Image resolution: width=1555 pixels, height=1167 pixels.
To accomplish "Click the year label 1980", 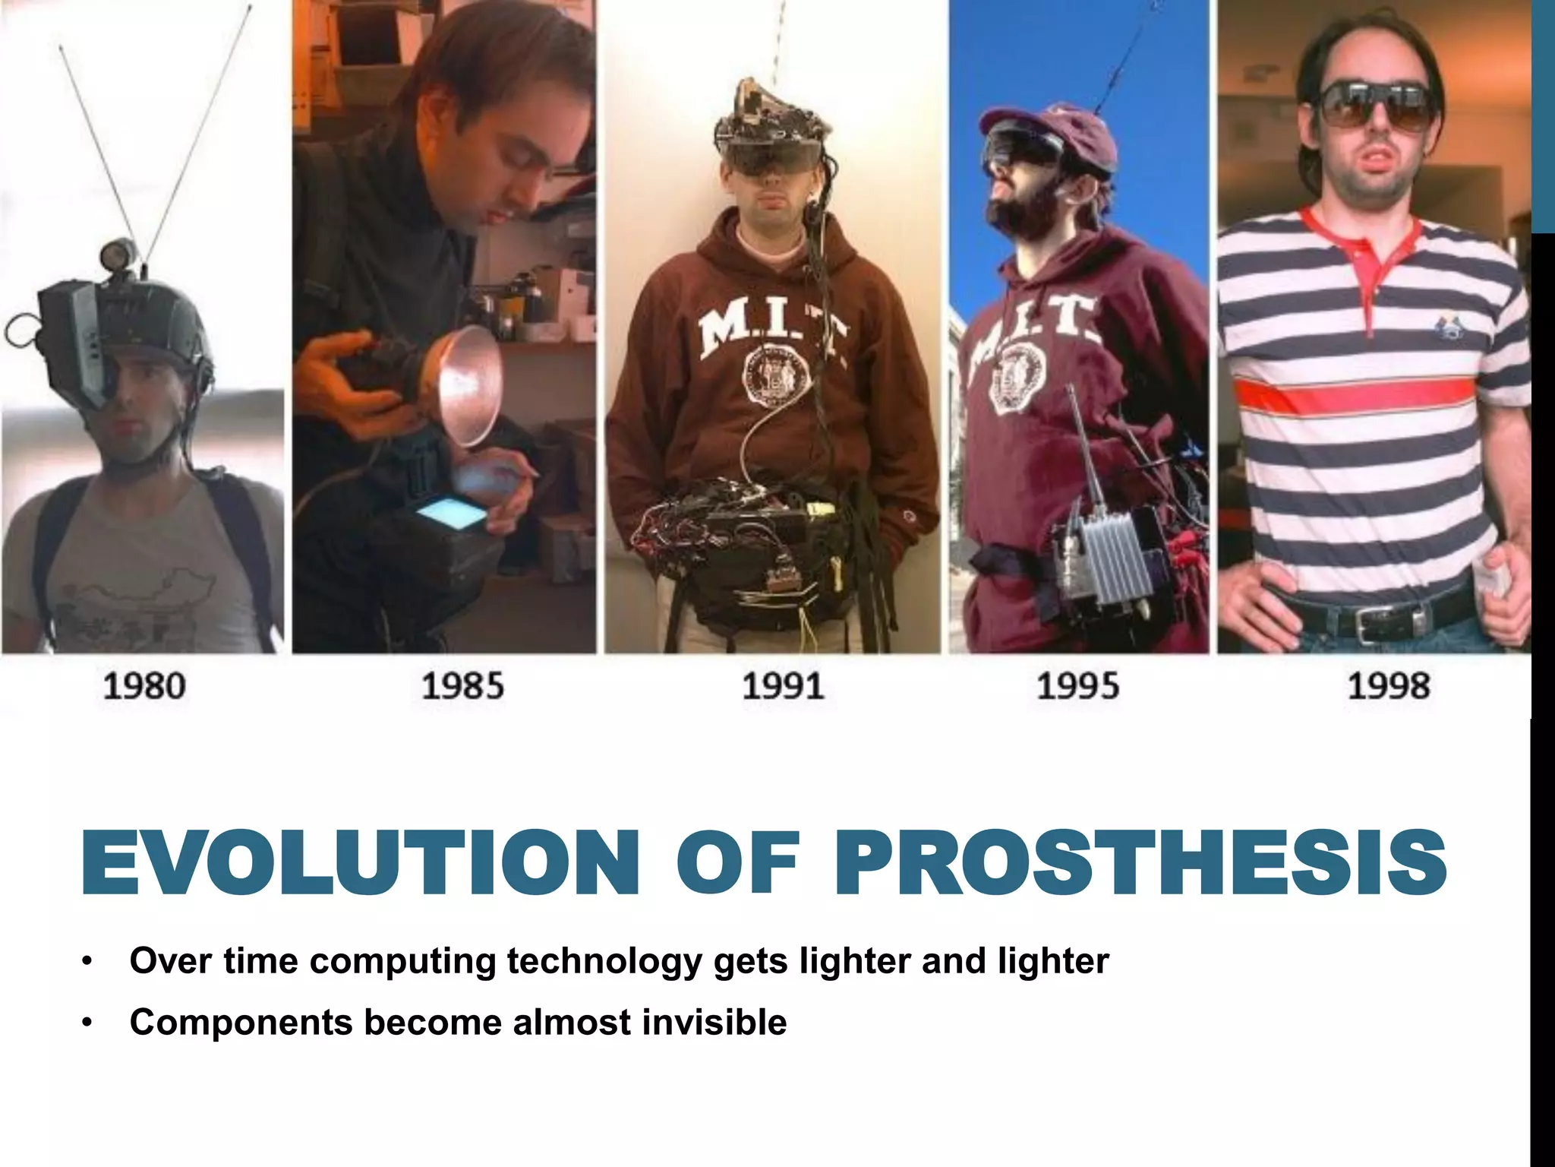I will [x=144, y=686].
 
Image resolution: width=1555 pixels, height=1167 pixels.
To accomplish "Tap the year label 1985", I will [x=462, y=686].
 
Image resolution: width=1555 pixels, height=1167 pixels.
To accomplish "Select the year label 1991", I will [x=783, y=686].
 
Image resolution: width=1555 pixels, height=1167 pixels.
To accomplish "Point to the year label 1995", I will [x=1077, y=686].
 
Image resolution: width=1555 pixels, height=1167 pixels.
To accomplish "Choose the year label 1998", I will [x=1389, y=686].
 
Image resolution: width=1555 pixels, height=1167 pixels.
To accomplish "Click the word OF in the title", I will [x=738, y=864].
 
